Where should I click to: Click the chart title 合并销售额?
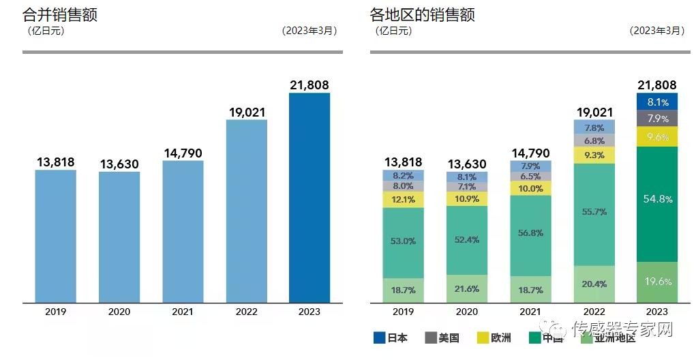(x=60, y=14)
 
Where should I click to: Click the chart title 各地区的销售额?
(x=422, y=14)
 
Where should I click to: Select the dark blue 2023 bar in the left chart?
(x=309, y=198)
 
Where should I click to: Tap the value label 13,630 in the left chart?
(x=119, y=164)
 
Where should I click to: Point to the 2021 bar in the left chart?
(x=183, y=232)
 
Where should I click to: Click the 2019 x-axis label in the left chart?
(x=56, y=312)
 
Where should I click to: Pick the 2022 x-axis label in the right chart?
(x=594, y=312)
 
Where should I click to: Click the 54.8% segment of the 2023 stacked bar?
(x=657, y=199)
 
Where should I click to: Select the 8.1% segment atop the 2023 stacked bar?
(x=657, y=102)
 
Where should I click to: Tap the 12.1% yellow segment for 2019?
(x=404, y=200)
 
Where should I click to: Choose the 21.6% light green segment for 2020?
(x=467, y=289)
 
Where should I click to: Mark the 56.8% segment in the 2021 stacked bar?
(x=530, y=232)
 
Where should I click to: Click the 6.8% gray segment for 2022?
(x=594, y=141)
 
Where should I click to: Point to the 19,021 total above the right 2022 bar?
(x=594, y=112)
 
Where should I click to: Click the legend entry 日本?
(x=391, y=337)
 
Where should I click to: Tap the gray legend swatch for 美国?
(x=431, y=337)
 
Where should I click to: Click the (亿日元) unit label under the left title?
(x=46, y=31)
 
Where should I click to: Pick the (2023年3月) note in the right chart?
(x=656, y=31)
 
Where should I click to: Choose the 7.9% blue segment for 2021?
(x=530, y=166)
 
